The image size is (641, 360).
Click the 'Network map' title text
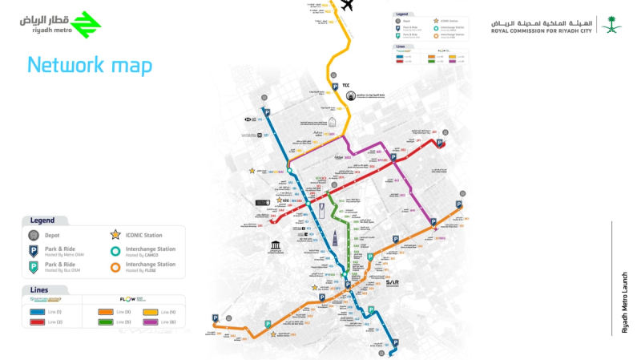pos(89,65)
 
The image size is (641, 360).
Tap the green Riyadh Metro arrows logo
pos(85,25)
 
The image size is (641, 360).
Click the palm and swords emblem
pos(613,26)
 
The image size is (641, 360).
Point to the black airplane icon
pos(347,6)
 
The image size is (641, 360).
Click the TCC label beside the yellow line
pos(346,84)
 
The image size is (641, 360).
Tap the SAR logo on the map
pos(392,282)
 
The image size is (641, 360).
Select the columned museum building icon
pos(275,245)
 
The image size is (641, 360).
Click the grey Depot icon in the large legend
pos(34,235)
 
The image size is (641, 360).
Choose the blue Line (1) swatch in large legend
pos(38,310)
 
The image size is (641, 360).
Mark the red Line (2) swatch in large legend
pos(38,322)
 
